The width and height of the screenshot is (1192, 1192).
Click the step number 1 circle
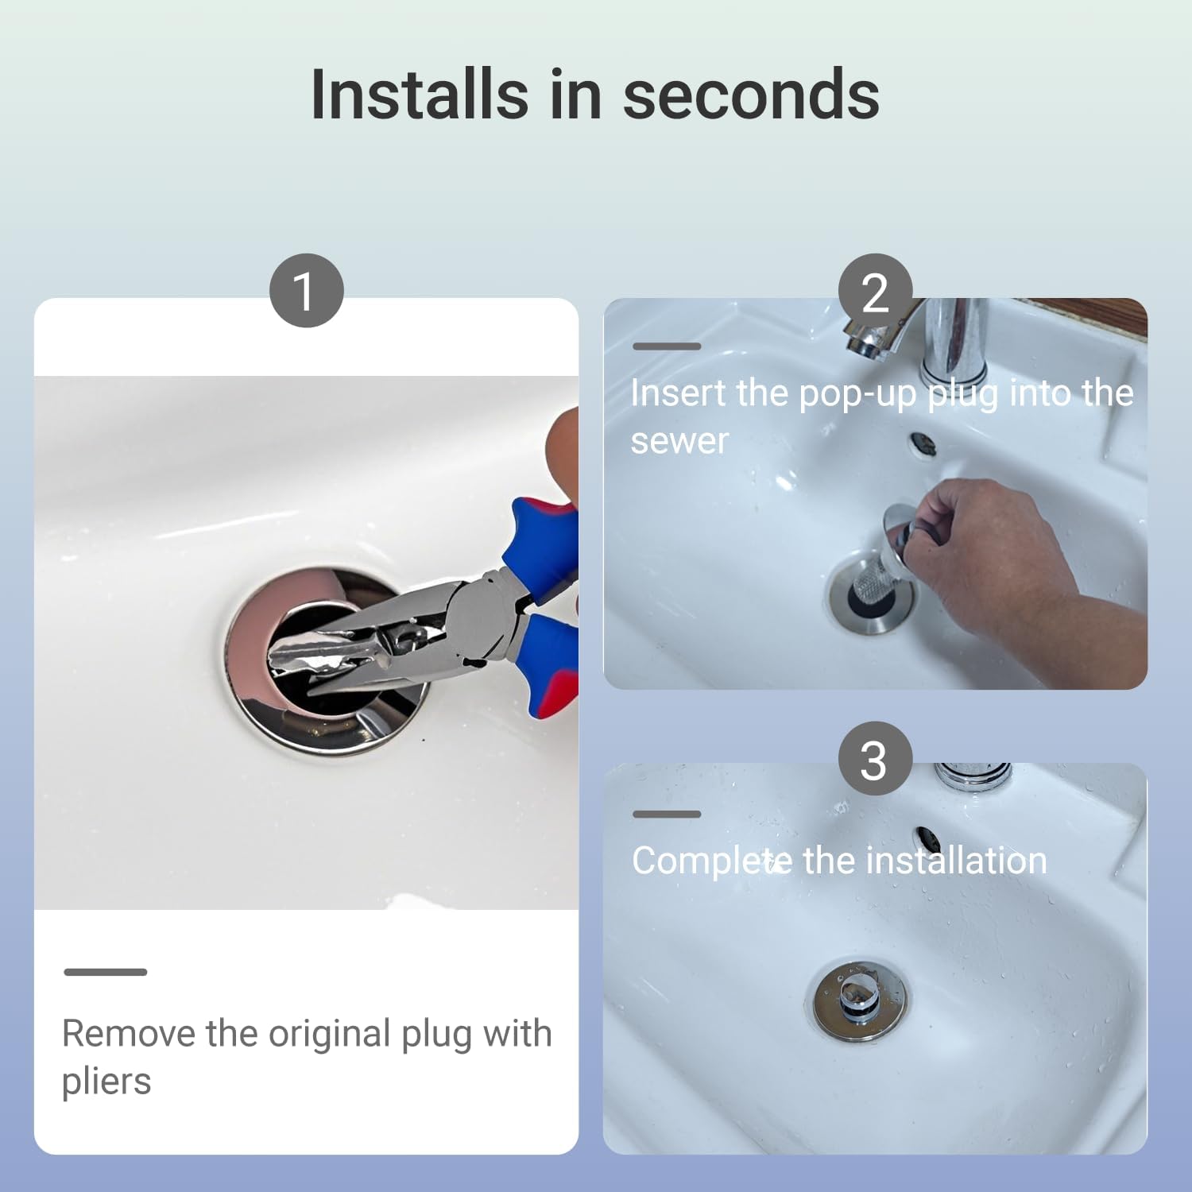[306, 290]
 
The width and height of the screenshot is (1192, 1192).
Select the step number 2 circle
[875, 290]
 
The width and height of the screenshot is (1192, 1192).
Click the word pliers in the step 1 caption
[106, 1082]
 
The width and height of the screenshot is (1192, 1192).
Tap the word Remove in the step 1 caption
[129, 1034]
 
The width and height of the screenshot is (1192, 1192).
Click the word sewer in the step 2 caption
[679, 442]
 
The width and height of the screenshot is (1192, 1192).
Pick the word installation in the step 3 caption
[956, 861]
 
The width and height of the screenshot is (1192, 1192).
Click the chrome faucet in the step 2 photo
[922, 338]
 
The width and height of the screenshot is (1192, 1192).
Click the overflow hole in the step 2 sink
[923, 443]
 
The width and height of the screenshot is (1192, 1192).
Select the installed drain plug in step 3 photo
[860, 1000]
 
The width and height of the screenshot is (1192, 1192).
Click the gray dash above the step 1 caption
[106, 972]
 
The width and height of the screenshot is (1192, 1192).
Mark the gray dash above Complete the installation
[667, 814]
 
